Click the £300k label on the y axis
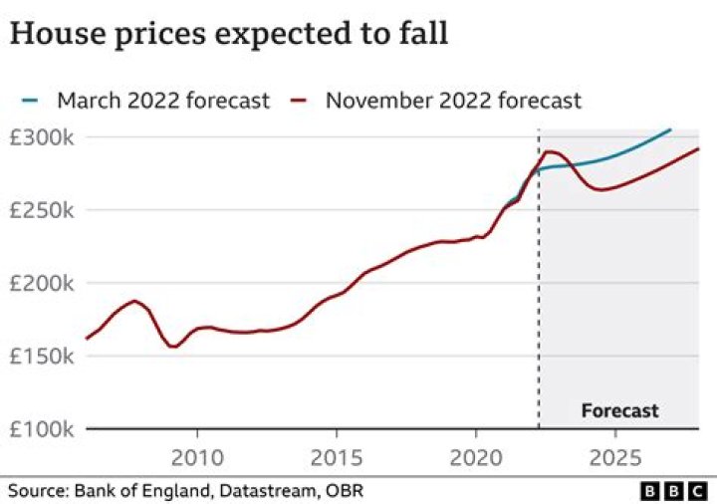point(41,136)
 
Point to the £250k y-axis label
point(41,210)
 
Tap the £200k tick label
point(41,284)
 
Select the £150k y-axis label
point(41,357)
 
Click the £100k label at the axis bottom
point(41,429)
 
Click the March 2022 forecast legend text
point(163,101)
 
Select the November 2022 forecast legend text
point(453,101)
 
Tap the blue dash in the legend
point(30,101)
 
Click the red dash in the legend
point(300,101)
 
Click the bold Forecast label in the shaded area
point(619,410)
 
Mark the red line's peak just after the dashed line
point(549,151)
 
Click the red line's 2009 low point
point(174,347)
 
